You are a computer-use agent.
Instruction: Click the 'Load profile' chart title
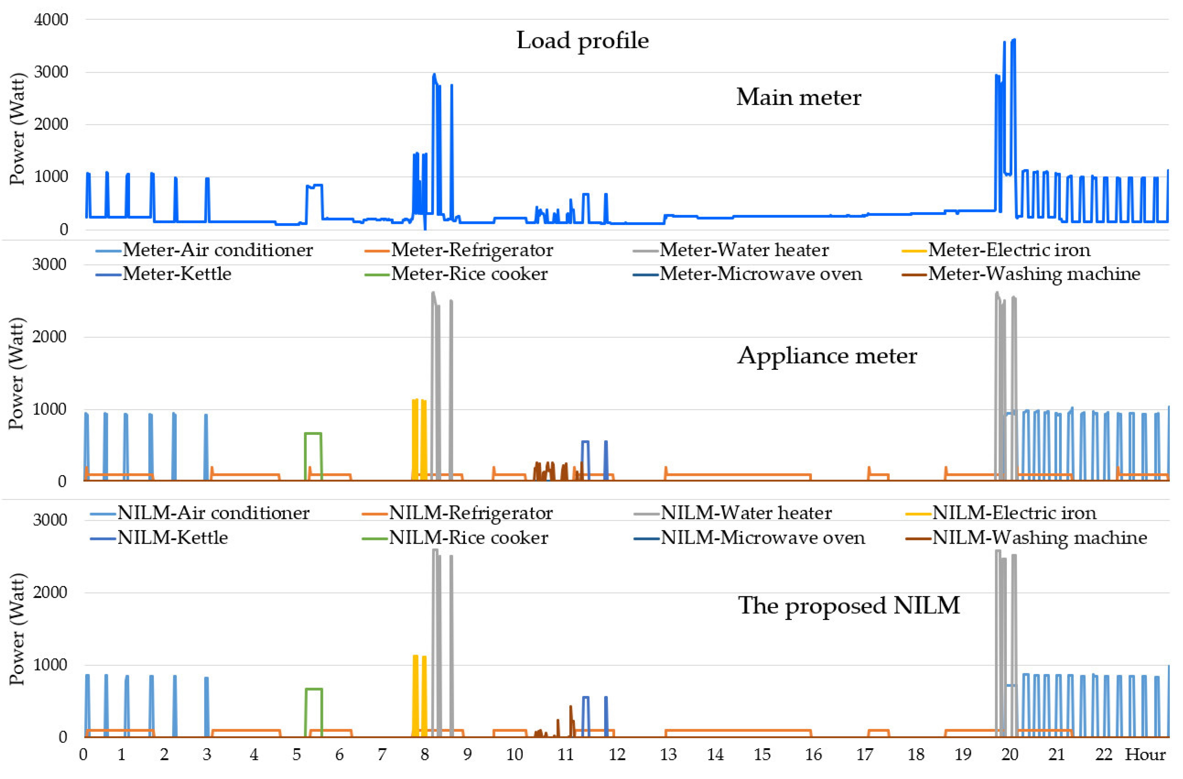pos(582,40)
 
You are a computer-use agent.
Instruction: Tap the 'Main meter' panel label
pos(798,97)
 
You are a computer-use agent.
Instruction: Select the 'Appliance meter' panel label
pos(827,356)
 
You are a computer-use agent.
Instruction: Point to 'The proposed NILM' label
pos(849,605)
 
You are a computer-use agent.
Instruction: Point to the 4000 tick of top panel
pos(51,20)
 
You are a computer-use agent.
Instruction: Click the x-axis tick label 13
pos(668,755)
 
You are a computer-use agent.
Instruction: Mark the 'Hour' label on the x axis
pos(1145,755)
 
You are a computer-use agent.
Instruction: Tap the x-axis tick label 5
pos(296,755)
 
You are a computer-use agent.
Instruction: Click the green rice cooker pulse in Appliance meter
pos(313,434)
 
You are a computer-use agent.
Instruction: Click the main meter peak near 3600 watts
pos(1013,41)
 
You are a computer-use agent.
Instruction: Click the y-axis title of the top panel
pos(17,129)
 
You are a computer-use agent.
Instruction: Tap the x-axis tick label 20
pos(1009,755)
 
